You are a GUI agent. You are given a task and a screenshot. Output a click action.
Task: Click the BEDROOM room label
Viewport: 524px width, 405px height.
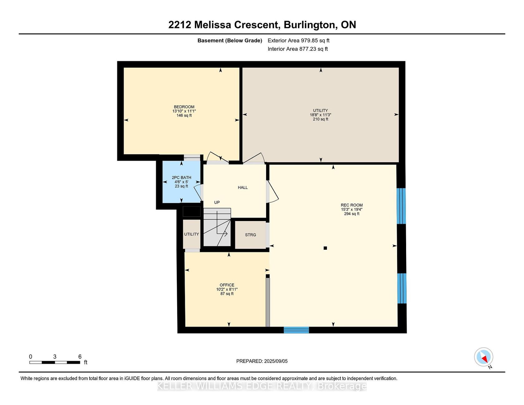[184, 107]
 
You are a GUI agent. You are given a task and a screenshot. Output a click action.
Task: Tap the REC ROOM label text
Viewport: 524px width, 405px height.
[352, 205]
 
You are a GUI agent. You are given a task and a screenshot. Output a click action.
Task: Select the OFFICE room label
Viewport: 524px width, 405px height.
[227, 285]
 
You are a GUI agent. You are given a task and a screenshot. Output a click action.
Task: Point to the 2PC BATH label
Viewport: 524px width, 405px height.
[182, 178]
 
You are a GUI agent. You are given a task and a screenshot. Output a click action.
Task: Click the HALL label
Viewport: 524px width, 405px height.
[243, 187]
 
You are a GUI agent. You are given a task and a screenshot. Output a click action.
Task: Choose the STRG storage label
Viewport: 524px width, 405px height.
[250, 235]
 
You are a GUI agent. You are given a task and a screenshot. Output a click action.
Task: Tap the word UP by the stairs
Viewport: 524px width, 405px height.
[217, 202]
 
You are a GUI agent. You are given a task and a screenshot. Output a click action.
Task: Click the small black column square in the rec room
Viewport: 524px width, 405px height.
[325, 248]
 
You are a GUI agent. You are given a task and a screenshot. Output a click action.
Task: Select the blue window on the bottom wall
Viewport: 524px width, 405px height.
[296, 330]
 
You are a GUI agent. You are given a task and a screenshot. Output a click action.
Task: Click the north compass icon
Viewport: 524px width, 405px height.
[484, 357]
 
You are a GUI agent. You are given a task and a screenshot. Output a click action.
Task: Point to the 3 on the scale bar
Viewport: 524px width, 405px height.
[55, 357]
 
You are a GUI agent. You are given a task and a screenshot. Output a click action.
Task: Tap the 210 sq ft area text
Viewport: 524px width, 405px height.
[321, 119]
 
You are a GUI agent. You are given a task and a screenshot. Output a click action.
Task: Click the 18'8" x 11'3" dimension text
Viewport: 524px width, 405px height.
[321, 115]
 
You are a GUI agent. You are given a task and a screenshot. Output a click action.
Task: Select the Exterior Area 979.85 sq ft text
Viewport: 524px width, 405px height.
[298, 41]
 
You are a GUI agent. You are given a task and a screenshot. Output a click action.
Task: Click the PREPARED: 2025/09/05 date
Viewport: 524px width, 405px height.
[262, 361]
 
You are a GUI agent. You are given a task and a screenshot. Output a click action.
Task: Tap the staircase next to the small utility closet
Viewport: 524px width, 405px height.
[217, 227]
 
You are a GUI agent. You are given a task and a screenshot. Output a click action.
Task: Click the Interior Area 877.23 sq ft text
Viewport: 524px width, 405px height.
[298, 49]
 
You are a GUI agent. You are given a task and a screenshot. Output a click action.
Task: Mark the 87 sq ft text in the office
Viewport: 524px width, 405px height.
[227, 294]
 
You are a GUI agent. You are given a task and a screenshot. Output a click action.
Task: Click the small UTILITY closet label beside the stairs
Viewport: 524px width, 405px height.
[192, 234]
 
